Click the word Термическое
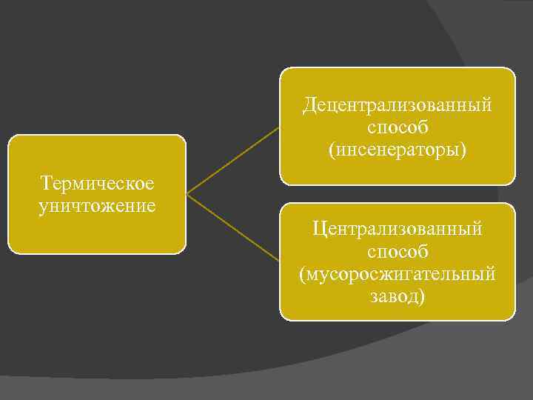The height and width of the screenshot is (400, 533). pyautogui.click(x=97, y=183)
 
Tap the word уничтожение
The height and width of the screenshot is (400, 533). pyautogui.click(x=97, y=204)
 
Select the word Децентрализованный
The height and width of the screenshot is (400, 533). pyautogui.click(x=397, y=105)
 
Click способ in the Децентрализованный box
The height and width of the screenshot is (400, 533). pyautogui.click(x=397, y=127)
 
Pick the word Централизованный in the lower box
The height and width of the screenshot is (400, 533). pyautogui.click(x=397, y=230)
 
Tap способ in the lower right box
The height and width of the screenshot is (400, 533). pyautogui.click(x=397, y=252)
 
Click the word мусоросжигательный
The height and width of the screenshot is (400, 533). pyautogui.click(x=398, y=274)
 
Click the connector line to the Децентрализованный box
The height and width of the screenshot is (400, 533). pyautogui.click(x=233, y=160)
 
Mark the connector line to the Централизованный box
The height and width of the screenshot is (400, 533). pyautogui.click(x=233, y=228)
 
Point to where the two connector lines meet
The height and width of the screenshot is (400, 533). pyautogui.click(x=187, y=195)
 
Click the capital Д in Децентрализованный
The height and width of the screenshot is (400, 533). pyautogui.click(x=309, y=105)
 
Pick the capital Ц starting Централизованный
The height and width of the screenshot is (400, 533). pyautogui.click(x=318, y=230)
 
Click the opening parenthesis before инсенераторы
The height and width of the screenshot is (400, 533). pyautogui.click(x=332, y=150)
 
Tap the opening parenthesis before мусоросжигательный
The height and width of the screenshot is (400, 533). pyautogui.click(x=303, y=275)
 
